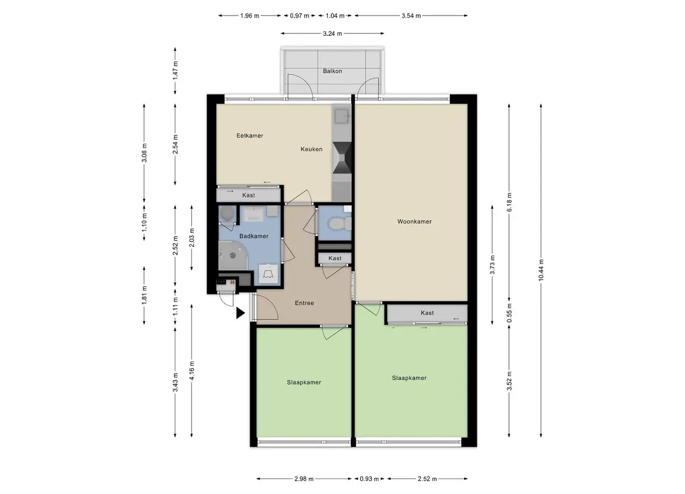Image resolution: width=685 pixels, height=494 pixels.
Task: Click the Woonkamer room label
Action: click(x=414, y=222)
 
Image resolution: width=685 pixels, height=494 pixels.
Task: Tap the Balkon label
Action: click(x=333, y=71)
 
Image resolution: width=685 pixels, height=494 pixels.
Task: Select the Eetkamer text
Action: click(x=250, y=135)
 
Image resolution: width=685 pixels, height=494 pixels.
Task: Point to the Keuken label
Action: click(x=312, y=149)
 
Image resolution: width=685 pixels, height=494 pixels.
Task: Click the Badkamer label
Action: click(x=254, y=236)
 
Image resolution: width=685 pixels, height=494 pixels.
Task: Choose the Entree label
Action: click(x=305, y=303)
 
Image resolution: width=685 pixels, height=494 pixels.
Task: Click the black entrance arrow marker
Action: click(x=240, y=313)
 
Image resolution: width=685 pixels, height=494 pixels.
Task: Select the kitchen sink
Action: click(x=341, y=116)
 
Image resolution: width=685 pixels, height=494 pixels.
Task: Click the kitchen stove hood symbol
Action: click(x=342, y=157)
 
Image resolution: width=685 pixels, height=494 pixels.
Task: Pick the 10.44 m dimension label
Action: click(x=541, y=270)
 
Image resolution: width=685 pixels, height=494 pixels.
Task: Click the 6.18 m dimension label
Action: click(x=509, y=202)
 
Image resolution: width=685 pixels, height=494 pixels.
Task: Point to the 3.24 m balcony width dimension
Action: click(x=333, y=33)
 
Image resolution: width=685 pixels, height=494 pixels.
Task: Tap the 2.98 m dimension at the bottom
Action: click(x=304, y=478)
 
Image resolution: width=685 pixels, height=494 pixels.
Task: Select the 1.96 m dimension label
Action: click(x=249, y=16)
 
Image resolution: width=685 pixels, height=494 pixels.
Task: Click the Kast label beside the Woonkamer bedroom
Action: click(x=427, y=313)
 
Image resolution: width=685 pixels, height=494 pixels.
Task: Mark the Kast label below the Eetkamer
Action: click(x=249, y=195)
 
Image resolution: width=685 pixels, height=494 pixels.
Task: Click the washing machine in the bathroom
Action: click(x=268, y=274)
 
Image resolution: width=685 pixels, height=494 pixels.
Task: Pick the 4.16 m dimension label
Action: click(x=192, y=371)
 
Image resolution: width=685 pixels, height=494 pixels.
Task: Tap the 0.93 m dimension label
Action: click(x=369, y=478)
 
